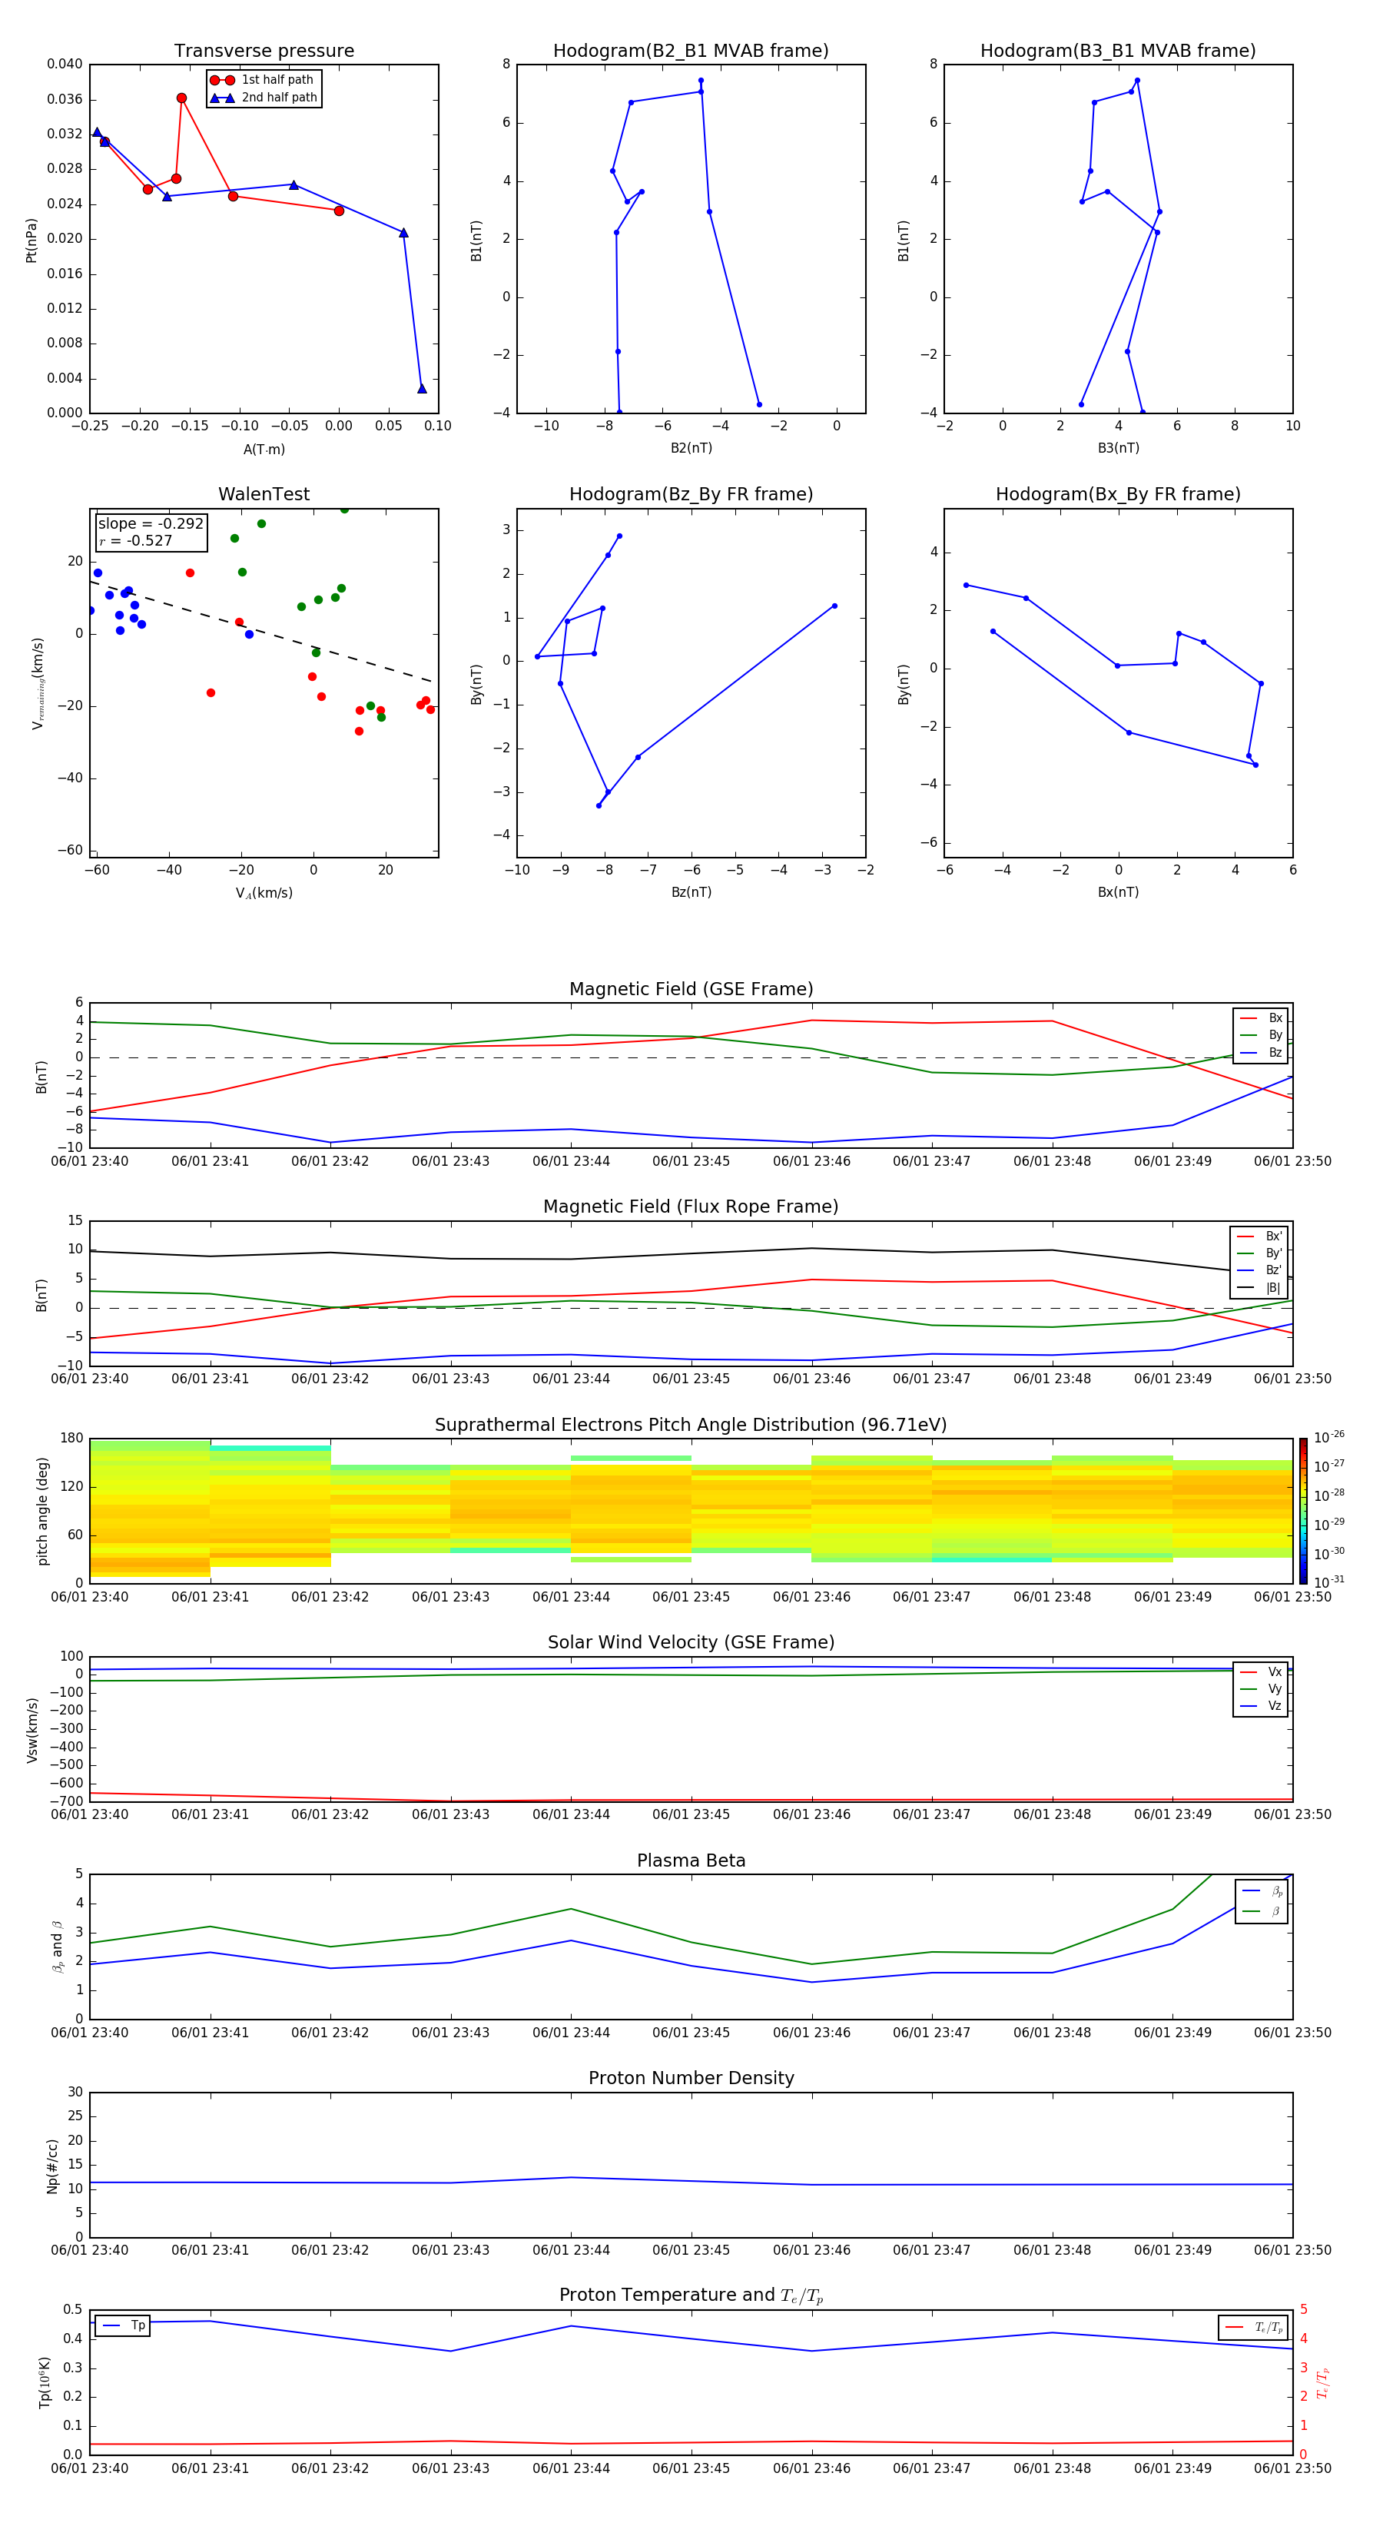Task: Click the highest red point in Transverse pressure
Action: pyautogui.click(x=182, y=98)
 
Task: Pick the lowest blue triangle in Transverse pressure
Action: pyautogui.click(x=423, y=389)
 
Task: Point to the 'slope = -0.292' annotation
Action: pyautogui.click(x=151, y=524)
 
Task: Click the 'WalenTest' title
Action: pyautogui.click(x=264, y=494)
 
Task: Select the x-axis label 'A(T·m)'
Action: pyautogui.click(x=264, y=450)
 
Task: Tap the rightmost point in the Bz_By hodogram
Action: pyautogui.click(x=834, y=606)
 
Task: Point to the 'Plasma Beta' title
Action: pyautogui.click(x=691, y=1861)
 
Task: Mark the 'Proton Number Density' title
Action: pyautogui.click(x=691, y=2078)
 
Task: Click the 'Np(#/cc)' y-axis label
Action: pyautogui.click(x=53, y=2166)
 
